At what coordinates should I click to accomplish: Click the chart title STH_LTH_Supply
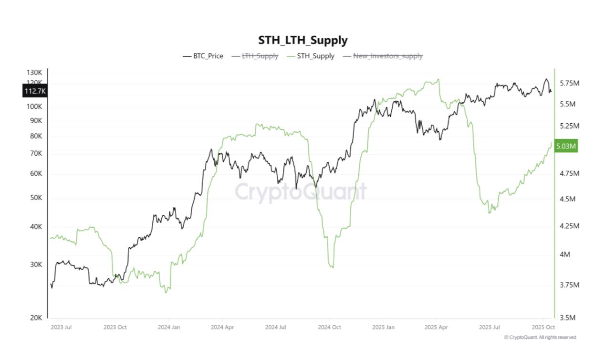[x=302, y=40]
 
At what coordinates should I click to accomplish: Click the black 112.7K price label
[x=35, y=91]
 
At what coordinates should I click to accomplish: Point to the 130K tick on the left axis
[x=34, y=73]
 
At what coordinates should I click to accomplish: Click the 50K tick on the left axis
[x=36, y=198]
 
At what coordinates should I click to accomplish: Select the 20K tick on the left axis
[x=36, y=318]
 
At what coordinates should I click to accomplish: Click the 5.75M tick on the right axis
[x=569, y=83]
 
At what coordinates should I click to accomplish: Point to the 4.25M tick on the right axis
[x=569, y=225]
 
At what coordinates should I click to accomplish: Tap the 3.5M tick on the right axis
[x=568, y=318]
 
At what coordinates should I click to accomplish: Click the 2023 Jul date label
[x=61, y=327]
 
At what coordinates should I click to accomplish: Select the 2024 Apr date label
[x=222, y=327]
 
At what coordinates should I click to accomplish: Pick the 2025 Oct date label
[x=543, y=327]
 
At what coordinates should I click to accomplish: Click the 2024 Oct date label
[x=329, y=327]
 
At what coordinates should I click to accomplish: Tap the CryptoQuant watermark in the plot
[x=301, y=192]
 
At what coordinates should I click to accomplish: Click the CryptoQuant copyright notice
[x=540, y=337]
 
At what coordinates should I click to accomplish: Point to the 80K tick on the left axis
[x=36, y=136]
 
